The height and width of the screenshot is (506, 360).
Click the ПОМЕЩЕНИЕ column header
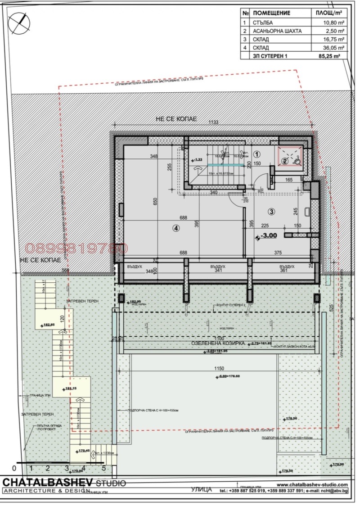pos(271,13)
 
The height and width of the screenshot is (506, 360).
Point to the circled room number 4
pos(176,228)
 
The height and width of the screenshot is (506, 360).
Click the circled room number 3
pos(272,211)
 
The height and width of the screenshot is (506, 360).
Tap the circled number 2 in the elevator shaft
pos(284,161)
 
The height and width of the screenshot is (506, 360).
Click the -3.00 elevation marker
pos(268,235)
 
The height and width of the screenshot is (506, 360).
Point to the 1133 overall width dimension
pos(214,122)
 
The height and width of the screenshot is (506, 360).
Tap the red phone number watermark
pos(76,248)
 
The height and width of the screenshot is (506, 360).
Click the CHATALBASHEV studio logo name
pos(46,482)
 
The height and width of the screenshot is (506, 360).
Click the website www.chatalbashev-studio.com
pos(311,484)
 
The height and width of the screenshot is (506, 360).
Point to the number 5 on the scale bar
pos(103,468)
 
